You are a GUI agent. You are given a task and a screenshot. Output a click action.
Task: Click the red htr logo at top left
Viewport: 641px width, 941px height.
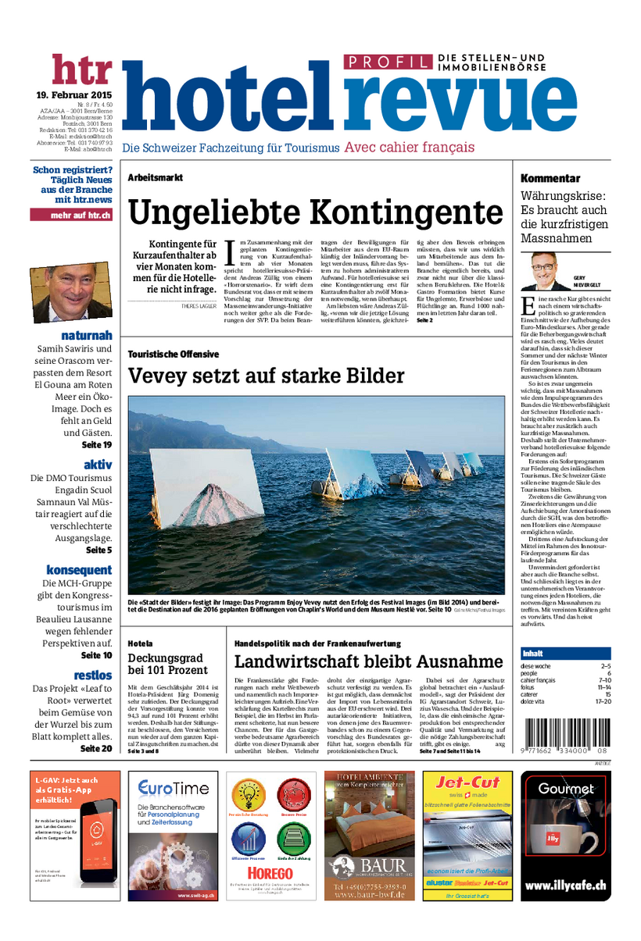click(x=82, y=70)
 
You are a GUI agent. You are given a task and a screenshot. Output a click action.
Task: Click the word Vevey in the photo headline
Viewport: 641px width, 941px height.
click(x=159, y=376)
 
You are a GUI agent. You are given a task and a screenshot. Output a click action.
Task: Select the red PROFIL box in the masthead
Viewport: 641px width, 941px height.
click(x=388, y=62)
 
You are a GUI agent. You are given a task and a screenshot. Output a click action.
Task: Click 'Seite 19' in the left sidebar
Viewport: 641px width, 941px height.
click(x=97, y=444)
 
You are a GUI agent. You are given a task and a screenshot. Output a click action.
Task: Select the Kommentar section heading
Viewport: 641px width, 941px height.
click(x=550, y=179)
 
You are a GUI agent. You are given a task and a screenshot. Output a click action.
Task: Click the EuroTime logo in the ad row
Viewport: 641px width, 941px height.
click(x=174, y=788)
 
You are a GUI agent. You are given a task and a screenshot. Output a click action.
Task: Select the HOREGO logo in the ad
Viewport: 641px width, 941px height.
click(x=270, y=872)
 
